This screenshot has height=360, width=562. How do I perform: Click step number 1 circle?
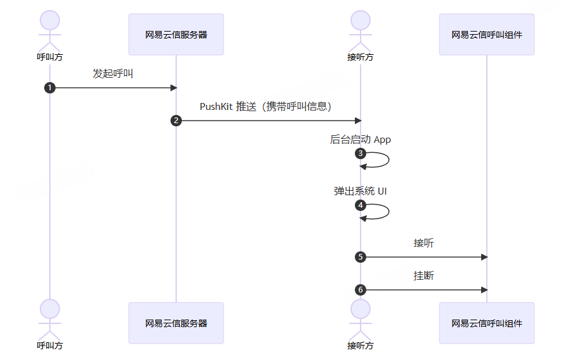tap(50, 88)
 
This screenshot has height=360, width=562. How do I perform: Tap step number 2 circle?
tap(176, 121)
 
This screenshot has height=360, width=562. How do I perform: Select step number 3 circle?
tap(361, 153)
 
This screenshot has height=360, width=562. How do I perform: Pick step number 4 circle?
tap(361, 205)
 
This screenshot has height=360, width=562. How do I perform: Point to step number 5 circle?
tap(361, 257)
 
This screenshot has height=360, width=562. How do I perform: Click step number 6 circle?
tap(361, 290)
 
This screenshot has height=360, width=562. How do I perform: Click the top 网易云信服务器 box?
tap(176, 35)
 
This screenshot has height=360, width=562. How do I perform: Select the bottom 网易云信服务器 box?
tap(176, 323)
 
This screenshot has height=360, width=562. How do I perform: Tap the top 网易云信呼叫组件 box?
tap(487, 35)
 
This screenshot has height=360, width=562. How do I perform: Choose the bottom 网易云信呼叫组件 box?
tap(487, 323)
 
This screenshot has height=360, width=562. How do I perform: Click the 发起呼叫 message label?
tap(113, 74)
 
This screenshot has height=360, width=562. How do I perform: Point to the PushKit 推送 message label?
tap(266, 106)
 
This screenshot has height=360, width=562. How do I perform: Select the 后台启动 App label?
tap(361, 140)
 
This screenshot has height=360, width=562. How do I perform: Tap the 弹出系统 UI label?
tap(361, 191)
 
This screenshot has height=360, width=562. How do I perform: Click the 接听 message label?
tap(424, 243)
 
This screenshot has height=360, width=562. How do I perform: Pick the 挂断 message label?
tap(424, 276)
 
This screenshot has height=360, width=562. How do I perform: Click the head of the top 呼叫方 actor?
tap(50, 20)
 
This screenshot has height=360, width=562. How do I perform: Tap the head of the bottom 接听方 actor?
tap(361, 308)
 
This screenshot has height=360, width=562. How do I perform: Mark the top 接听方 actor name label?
tap(361, 57)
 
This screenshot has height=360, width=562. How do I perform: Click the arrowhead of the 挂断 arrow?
tap(484, 290)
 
